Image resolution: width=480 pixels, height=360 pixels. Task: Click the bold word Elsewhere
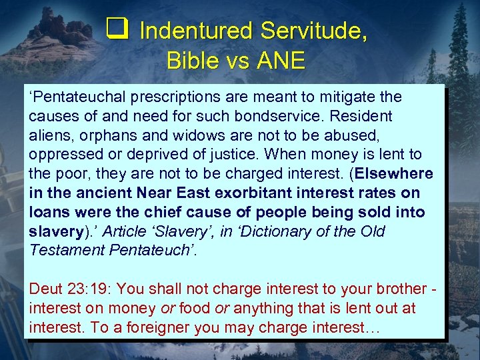[395, 174]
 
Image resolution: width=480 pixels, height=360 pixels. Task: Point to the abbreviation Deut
[45, 289]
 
